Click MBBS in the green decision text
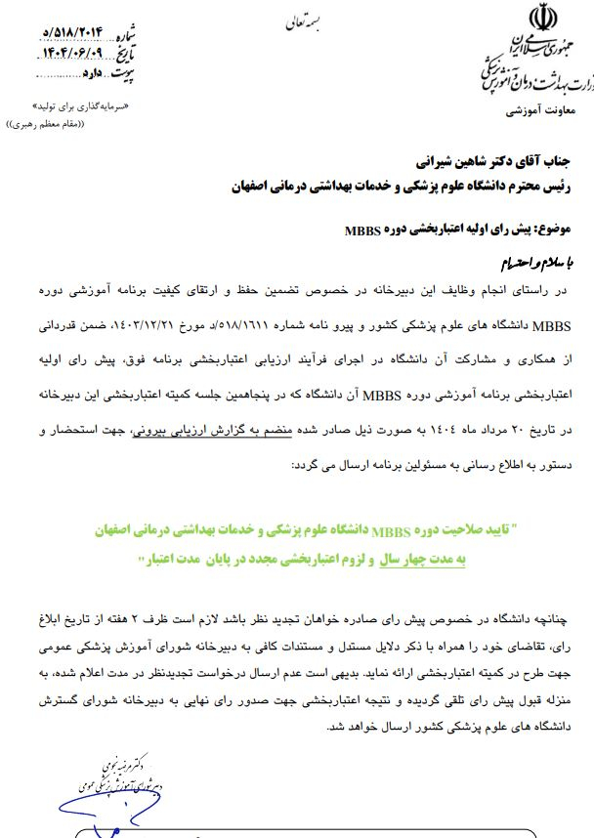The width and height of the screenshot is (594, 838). pos(393,531)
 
